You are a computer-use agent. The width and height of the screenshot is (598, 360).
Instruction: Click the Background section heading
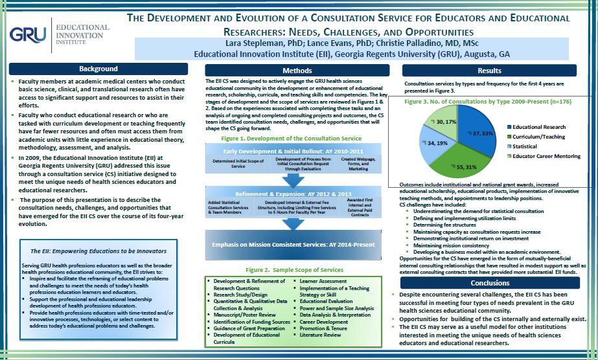(x=98, y=69)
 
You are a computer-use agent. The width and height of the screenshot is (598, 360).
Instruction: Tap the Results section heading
(x=489, y=71)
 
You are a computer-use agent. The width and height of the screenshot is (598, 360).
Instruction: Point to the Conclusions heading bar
(x=490, y=283)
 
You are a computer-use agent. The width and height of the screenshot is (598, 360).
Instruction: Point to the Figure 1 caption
(x=292, y=139)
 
